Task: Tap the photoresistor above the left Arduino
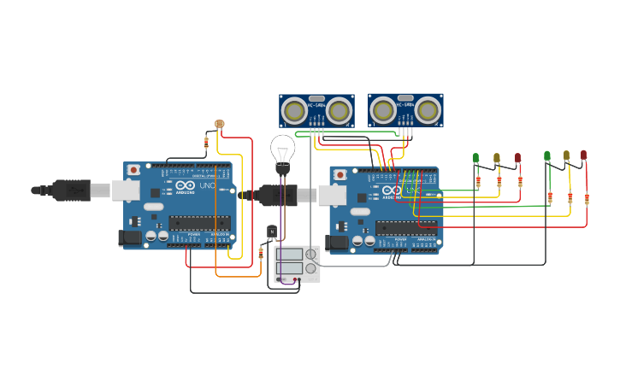tap(220, 124)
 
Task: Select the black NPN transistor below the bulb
tap(272, 232)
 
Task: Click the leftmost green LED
tap(476, 158)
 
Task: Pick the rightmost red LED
tap(584, 155)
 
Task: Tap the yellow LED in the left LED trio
tap(497, 158)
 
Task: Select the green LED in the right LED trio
tap(547, 155)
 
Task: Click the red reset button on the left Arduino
tap(133, 170)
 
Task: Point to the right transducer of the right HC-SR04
tap(428, 109)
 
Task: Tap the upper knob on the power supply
tap(310, 255)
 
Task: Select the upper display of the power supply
tap(288, 255)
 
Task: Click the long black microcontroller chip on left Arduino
tap(198, 223)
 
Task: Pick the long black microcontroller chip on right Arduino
tap(405, 228)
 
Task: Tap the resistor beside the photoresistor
tap(206, 142)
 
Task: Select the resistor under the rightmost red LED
tap(587, 199)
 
